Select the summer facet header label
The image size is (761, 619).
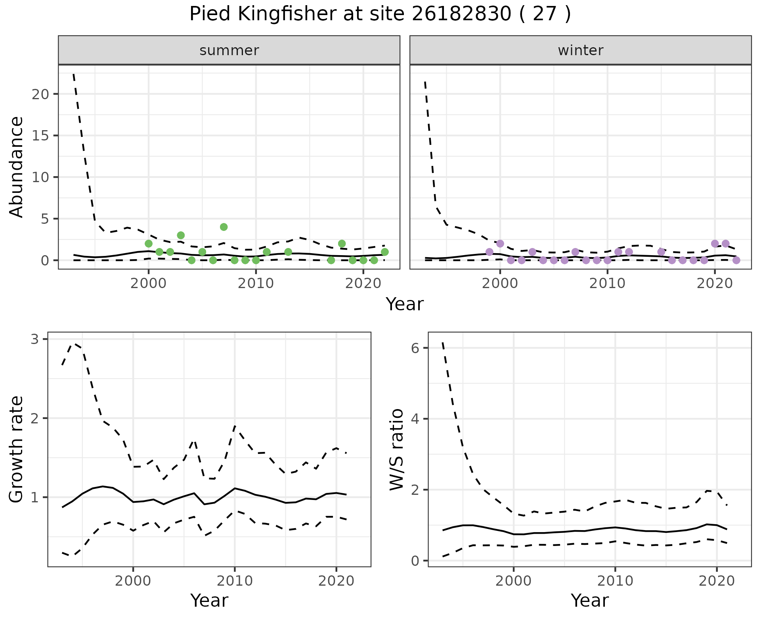pos(229,50)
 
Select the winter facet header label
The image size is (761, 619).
pos(581,50)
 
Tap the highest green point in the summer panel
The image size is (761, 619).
pos(224,227)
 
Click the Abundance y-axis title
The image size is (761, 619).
pos(17,167)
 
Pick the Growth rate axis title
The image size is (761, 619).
pos(17,449)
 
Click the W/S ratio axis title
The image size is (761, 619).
pos(397,449)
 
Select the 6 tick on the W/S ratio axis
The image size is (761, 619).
pos(415,348)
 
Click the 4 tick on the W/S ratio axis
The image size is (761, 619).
pos(415,419)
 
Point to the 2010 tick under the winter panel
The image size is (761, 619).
pos(607,283)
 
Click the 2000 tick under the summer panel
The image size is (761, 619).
pos(149,283)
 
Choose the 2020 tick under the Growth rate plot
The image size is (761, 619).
pos(336,581)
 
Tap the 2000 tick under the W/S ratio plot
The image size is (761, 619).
pos(514,581)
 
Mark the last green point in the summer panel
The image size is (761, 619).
pos(384,252)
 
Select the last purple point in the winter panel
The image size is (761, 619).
pos(736,260)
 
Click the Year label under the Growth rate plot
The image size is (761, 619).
pos(209,600)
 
